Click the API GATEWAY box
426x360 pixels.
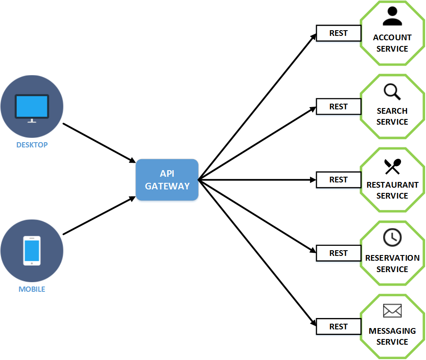(167, 180)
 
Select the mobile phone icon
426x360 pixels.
(32, 251)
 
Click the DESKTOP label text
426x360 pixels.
(32, 145)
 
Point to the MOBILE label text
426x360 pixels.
(32, 289)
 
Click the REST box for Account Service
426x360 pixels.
(338, 33)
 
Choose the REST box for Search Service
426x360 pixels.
(338, 107)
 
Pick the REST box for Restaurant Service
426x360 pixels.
(338, 180)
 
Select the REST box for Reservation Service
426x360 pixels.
(338, 253)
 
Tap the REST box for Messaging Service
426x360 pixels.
(338, 327)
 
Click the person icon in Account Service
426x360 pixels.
(392, 17)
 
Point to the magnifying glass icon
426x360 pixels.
(392, 91)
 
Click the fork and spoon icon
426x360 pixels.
(392, 166)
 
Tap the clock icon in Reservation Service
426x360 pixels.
(392, 238)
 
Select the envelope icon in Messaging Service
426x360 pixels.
(392, 311)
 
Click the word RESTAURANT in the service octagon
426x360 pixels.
(392, 185)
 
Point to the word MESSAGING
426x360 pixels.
(392, 331)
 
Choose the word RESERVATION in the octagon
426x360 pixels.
(392, 258)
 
